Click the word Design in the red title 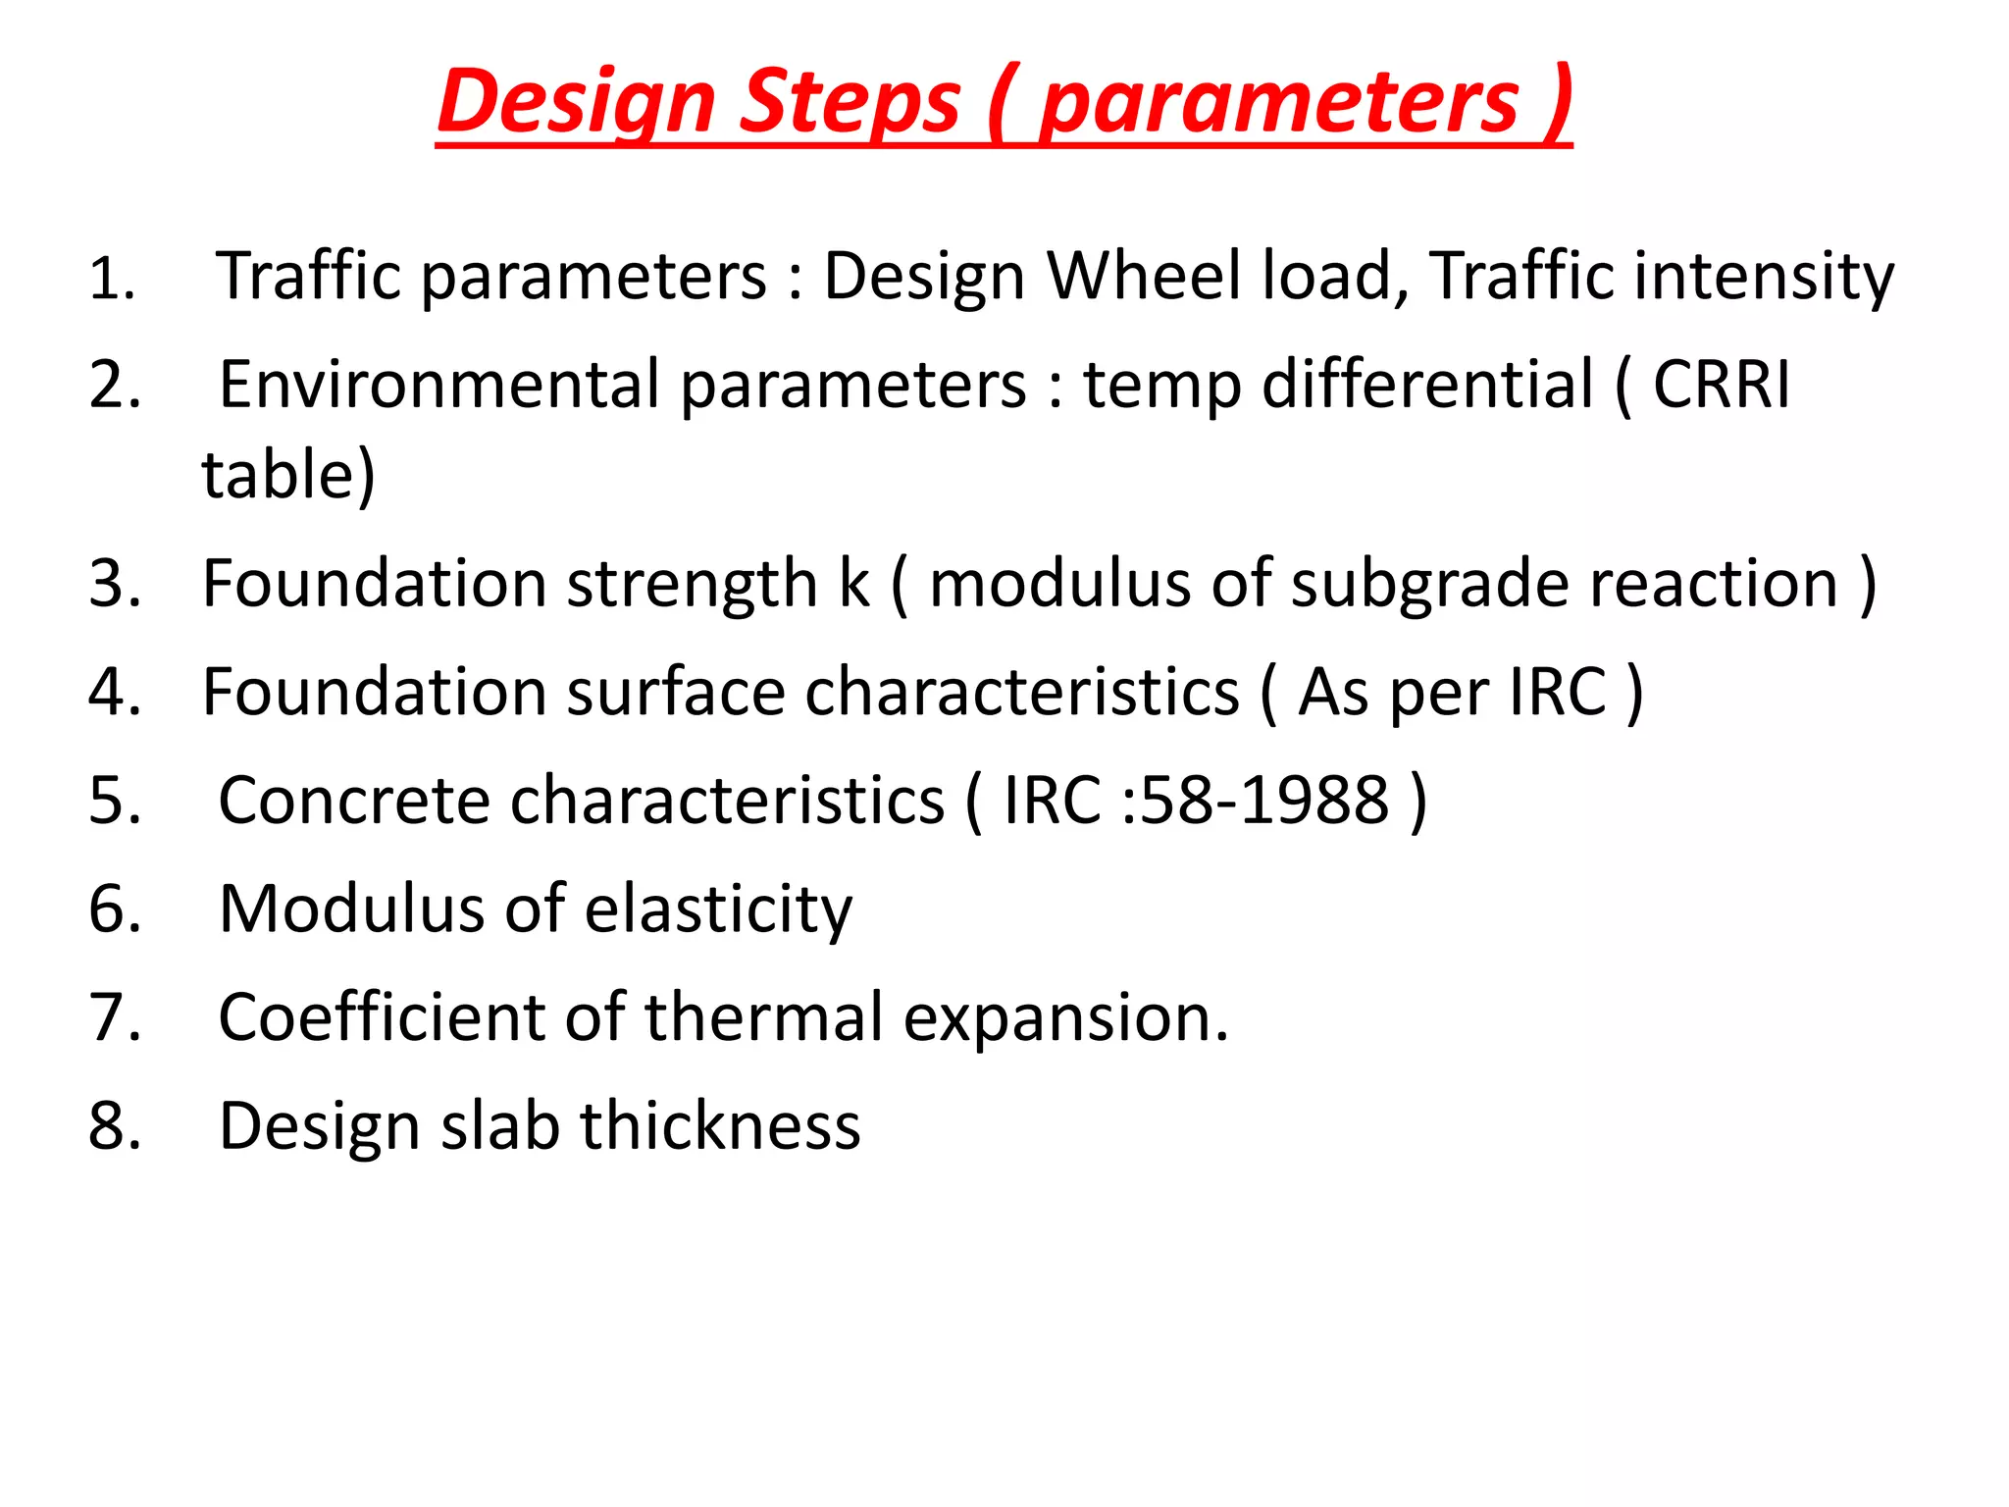click(577, 103)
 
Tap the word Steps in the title click(850, 103)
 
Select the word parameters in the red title click(1278, 103)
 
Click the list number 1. click(110, 279)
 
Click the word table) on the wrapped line click(288, 475)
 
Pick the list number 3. click(114, 584)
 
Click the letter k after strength click(853, 584)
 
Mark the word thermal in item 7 click(764, 1017)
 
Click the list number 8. click(114, 1126)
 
